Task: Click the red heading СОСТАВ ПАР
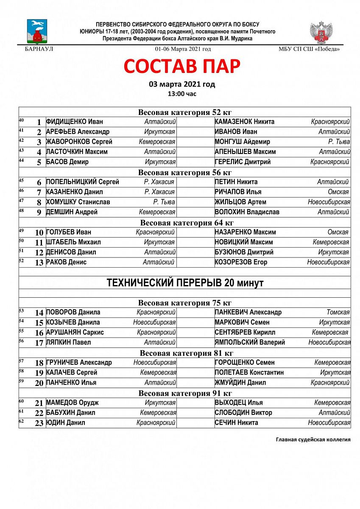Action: pyautogui.click(x=182, y=66)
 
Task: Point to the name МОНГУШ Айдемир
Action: pyautogui.click(x=242, y=142)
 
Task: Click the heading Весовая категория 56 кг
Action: pyautogui.click(x=184, y=172)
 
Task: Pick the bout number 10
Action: pyautogui.click(x=39, y=232)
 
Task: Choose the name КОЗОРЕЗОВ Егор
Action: pyautogui.click(x=241, y=262)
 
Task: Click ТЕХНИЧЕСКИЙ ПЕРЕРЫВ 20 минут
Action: pyautogui.click(x=184, y=283)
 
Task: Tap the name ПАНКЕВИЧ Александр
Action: pyautogui.click(x=248, y=313)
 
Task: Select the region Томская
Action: pyautogui.click(x=338, y=313)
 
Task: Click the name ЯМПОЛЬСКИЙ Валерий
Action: pyautogui.click(x=250, y=342)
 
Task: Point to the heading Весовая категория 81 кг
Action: pyautogui.click(x=184, y=353)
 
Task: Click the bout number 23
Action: pyautogui.click(x=39, y=423)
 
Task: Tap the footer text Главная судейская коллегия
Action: pyautogui.click(x=313, y=439)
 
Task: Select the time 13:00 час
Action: pyautogui.click(x=182, y=94)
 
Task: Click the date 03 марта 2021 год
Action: pyautogui.click(x=182, y=84)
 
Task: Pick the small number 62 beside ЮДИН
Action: pyautogui.click(x=21, y=421)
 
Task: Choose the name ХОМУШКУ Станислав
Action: pyautogui.click(x=78, y=202)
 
